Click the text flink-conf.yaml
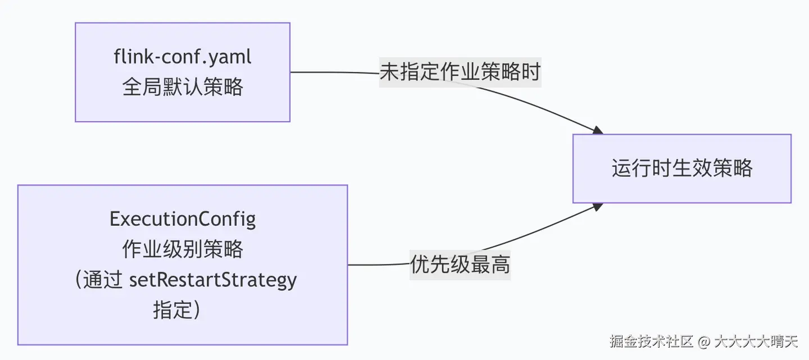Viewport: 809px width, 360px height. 183,57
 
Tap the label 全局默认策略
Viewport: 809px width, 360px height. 183,87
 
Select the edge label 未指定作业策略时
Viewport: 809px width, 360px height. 460,71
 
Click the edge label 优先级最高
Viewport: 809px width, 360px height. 460,264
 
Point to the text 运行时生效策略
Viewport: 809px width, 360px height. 682,168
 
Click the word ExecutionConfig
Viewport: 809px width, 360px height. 183,219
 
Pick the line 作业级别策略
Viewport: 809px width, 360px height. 183,249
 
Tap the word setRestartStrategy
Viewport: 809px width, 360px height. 213,280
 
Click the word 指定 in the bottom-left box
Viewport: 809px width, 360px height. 172,309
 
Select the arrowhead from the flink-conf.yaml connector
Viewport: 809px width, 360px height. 598,130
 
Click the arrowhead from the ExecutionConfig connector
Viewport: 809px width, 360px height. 598,207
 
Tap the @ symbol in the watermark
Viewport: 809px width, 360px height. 704,341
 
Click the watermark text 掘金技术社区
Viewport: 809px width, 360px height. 652,341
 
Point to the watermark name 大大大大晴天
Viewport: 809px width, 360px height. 756,341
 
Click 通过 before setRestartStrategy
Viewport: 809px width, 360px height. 103,280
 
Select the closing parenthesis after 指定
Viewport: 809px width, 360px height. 197,309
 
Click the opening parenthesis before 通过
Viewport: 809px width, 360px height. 79,280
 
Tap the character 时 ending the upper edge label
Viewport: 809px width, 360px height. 530,71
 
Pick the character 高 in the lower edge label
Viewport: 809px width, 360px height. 500,264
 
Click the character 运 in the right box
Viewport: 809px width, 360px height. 621,168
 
